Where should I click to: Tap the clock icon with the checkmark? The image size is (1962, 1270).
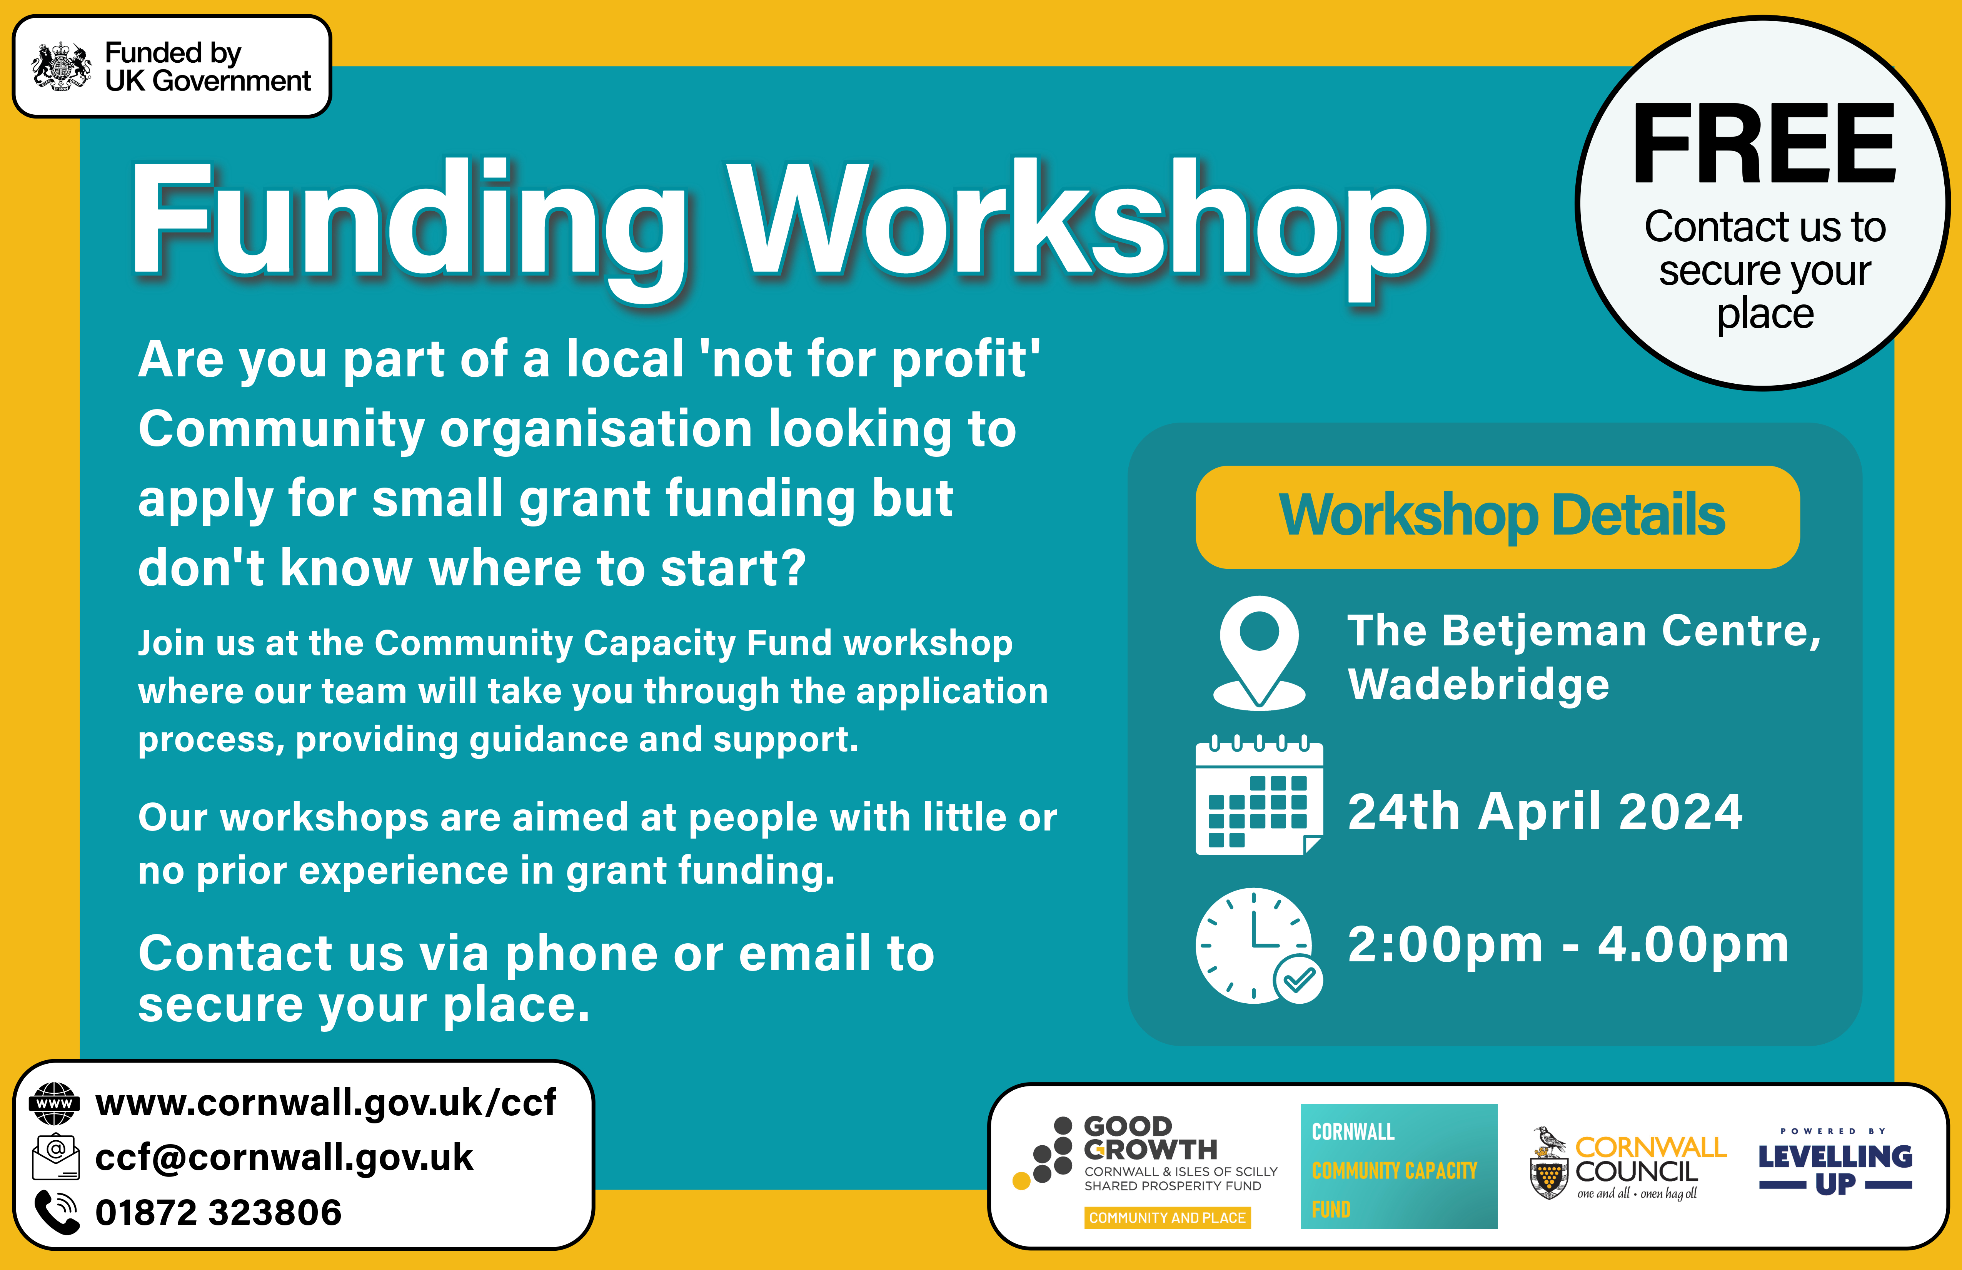(x=1259, y=946)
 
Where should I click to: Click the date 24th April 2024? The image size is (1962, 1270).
(x=1545, y=812)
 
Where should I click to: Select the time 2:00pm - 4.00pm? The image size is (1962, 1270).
(x=1568, y=945)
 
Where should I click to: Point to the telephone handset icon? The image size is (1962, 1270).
(x=57, y=1212)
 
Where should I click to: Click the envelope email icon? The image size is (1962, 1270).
(x=55, y=1157)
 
